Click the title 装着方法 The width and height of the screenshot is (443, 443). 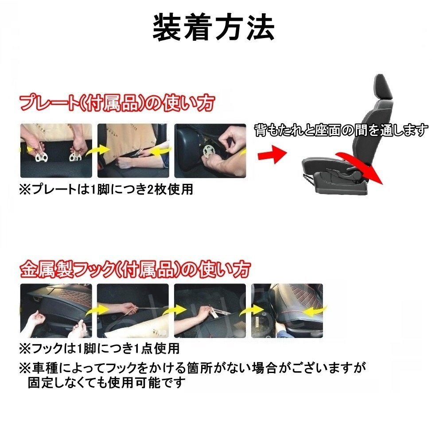point(214,28)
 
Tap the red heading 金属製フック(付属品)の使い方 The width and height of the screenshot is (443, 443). point(136,268)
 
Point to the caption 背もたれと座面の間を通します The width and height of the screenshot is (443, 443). point(341,130)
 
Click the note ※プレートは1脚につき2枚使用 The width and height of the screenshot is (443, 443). point(106,190)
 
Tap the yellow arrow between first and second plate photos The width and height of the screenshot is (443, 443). point(93,151)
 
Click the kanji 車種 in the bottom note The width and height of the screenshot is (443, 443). point(42,368)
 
